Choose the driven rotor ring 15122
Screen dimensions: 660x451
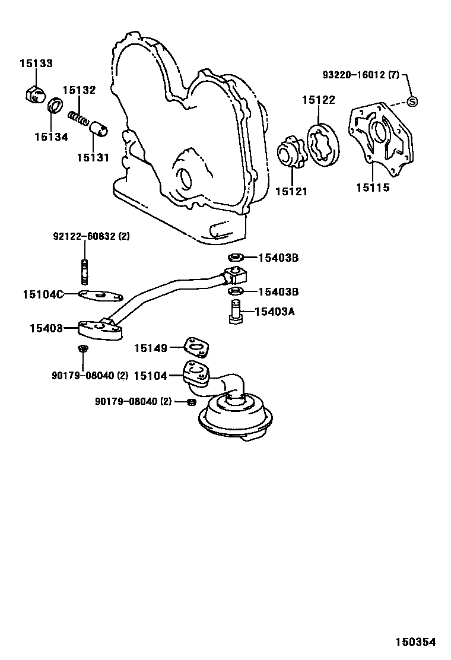pyautogui.click(x=323, y=145)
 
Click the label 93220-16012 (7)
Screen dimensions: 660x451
pyautogui.click(x=361, y=75)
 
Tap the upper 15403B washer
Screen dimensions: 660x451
pyautogui.click(x=236, y=258)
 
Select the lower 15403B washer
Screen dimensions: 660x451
pyautogui.click(x=236, y=291)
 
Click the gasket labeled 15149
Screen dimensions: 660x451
pyautogui.click(x=196, y=348)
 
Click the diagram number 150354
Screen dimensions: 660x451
pyautogui.click(x=416, y=642)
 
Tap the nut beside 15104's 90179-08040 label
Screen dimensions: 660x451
pyautogui.click(x=191, y=402)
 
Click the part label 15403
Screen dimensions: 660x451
pyautogui.click(x=46, y=328)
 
